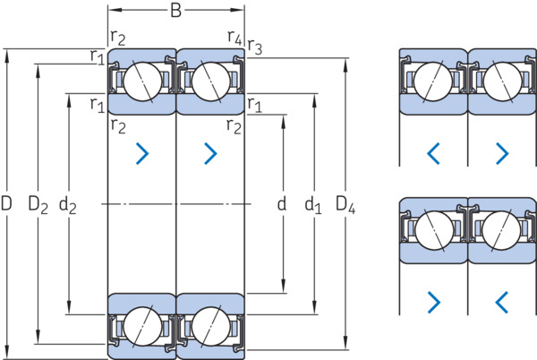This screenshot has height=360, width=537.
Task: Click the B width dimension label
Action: (175, 10)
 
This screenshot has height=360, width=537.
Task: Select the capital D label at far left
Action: (6, 203)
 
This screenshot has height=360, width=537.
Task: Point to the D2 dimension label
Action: (38, 204)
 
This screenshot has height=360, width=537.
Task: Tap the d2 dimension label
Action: (68, 205)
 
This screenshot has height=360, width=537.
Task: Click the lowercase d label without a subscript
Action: (282, 203)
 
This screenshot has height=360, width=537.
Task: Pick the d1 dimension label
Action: (313, 204)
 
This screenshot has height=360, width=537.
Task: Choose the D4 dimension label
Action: (345, 204)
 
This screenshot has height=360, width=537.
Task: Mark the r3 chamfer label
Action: (254, 47)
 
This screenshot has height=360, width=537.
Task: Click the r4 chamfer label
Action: (234, 37)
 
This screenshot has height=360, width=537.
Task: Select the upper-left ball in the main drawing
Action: (142, 81)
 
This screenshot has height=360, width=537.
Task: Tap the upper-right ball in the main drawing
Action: (211, 81)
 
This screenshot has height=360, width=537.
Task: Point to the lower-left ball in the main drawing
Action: (142, 327)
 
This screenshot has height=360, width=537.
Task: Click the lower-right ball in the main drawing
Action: (211, 327)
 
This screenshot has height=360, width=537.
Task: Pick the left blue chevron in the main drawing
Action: (142, 153)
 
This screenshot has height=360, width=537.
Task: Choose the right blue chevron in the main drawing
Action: (210, 153)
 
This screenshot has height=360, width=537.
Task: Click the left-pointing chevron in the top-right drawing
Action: (433, 153)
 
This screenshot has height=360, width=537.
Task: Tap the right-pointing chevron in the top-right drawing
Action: (502, 153)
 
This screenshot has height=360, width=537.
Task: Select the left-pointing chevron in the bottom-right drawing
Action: (502, 302)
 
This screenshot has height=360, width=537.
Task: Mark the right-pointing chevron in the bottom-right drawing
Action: (434, 302)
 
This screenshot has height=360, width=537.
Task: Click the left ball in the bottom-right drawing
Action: (434, 230)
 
